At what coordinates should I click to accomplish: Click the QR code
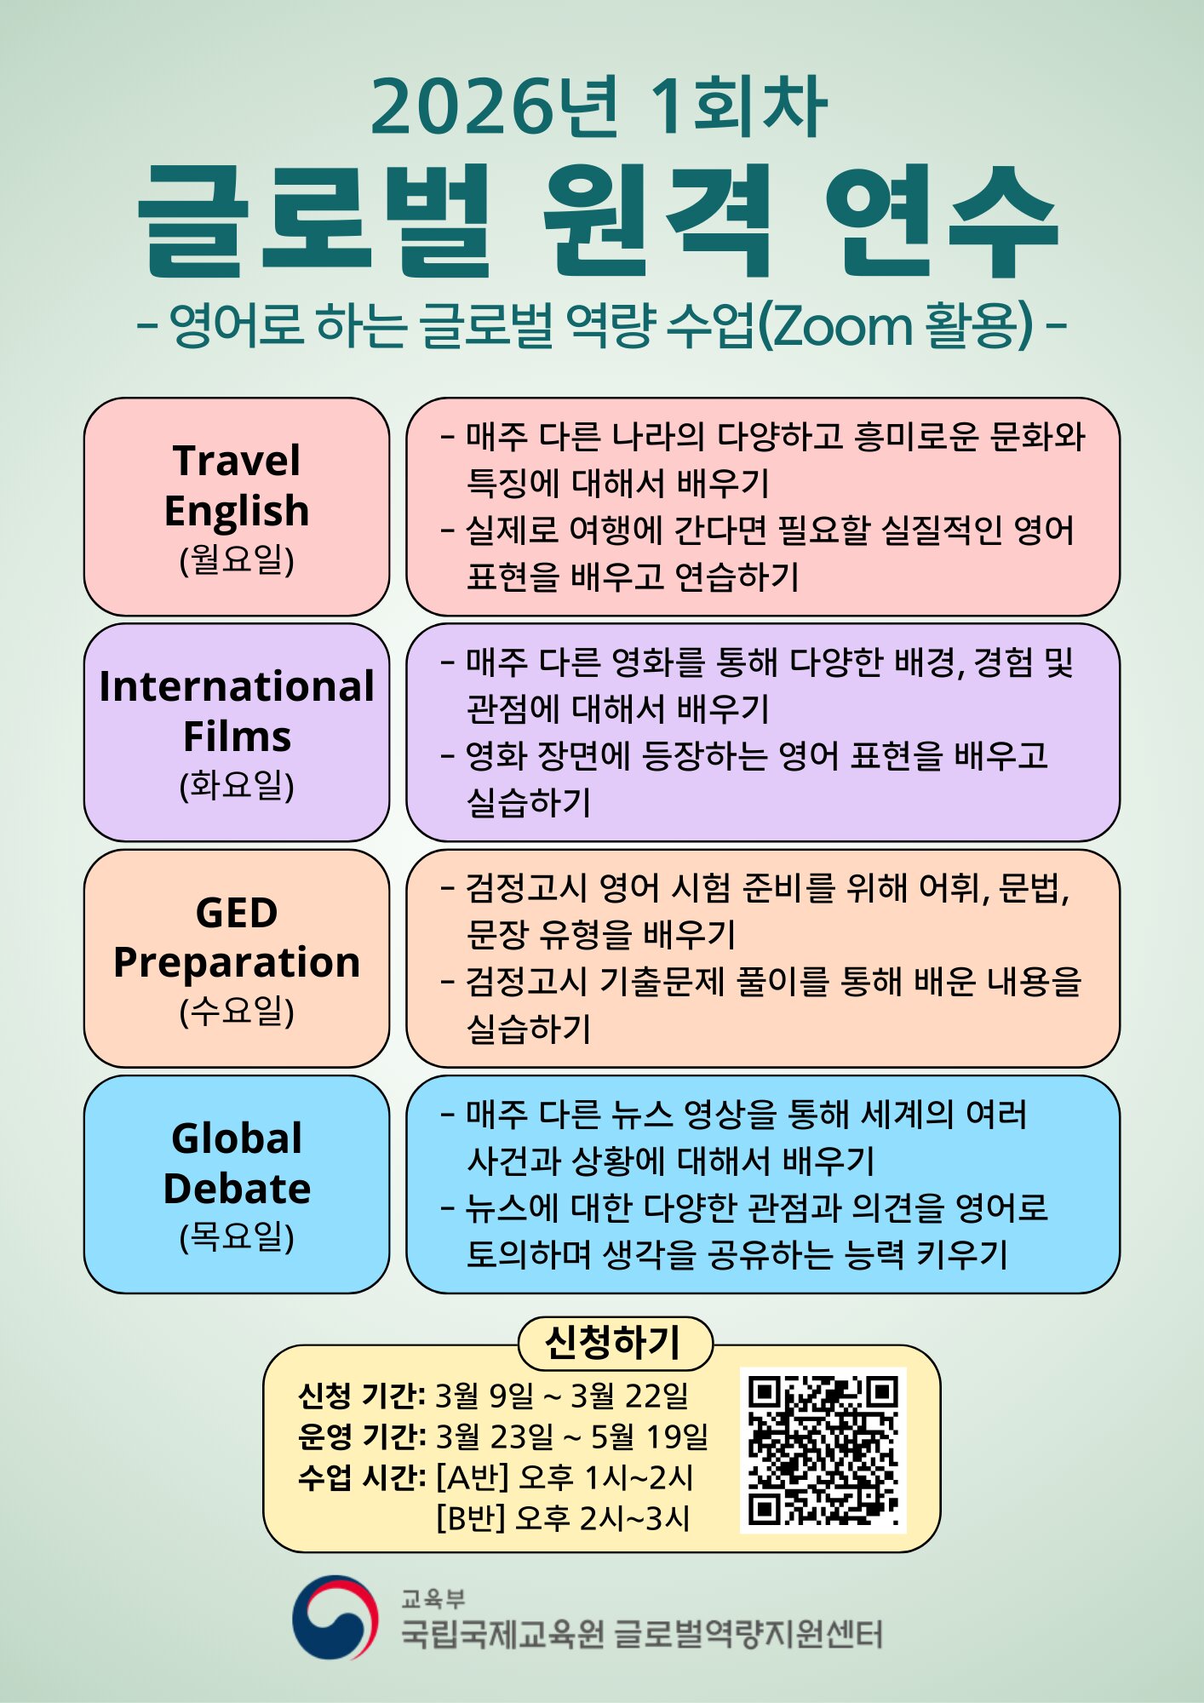coord(823,1450)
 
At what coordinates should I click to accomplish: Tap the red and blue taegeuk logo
coord(335,1617)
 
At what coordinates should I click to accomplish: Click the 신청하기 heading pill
coord(615,1343)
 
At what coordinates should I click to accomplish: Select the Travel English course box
coord(237,507)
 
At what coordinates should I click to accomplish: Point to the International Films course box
coord(237,732)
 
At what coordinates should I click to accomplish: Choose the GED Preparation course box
coord(237,958)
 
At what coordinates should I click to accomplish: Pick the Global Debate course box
coord(237,1184)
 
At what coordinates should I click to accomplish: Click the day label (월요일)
coord(237,559)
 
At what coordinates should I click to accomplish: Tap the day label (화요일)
coord(237,785)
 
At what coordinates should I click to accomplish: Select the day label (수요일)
coord(237,1011)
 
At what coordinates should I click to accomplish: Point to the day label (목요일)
coord(237,1237)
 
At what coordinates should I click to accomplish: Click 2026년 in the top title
coord(496,106)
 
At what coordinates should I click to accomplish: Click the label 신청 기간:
coord(362,1396)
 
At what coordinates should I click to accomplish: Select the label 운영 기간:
coord(362,1436)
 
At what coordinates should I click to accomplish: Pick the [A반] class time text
coord(565,1477)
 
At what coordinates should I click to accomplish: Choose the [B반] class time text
coord(563,1518)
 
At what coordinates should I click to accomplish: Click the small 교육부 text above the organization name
coord(433,1598)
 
